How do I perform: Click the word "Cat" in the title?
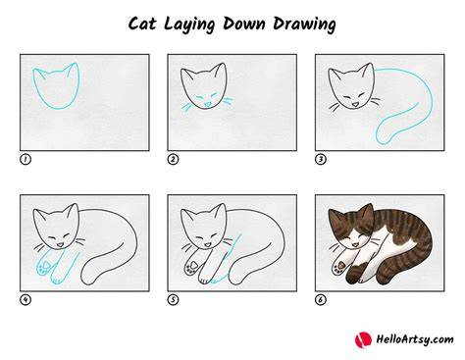[142, 24]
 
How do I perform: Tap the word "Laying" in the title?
[189, 25]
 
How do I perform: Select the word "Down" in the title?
[243, 24]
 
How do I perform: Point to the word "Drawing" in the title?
[304, 25]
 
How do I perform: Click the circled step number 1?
[26, 160]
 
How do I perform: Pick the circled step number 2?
[173, 160]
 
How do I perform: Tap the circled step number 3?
[321, 160]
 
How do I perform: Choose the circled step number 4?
[26, 300]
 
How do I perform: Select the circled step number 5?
[173, 300]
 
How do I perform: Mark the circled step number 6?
[321, 300]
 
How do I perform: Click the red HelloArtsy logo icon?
[363, 339]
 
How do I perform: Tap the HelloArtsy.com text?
[415, 339]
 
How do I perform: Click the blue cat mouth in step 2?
[207, 105]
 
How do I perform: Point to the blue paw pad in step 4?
[47, 264]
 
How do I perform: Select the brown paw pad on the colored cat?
[341, 264]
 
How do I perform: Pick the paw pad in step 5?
[194, 264]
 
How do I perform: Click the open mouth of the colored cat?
[354, 244]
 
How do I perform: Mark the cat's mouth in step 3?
[354, 105]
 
